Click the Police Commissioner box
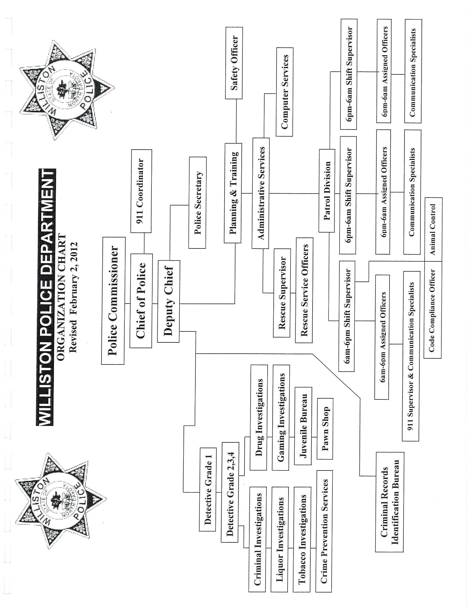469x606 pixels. coord(113,301)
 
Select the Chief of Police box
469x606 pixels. coord(141,301)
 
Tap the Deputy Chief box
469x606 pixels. coord(168,301)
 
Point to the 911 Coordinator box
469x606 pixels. coord(141,191)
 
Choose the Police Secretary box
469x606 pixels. coord(198,202)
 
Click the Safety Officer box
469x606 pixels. coord(234,63)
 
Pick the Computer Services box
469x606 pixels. coord(284,91)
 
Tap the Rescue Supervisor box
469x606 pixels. coord(282,293)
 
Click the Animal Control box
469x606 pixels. coord(433,229)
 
